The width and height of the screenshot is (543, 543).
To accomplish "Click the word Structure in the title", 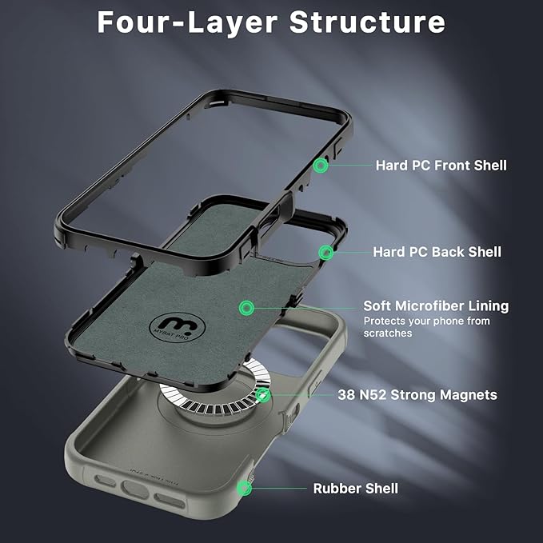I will pyautogui.click(x=367, y=22).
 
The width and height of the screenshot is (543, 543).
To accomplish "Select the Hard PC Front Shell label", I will pyautogui.click(x=441, y=166).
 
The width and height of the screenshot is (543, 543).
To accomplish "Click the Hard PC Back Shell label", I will pyautogui.click(x=437, y=252).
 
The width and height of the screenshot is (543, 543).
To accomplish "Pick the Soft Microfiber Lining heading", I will pyautogui.click(x=436, y=306).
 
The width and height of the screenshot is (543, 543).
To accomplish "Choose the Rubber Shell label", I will pyautogui.click(x=355, y=488).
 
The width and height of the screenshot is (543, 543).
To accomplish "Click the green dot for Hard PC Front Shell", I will pyautogui.click(x=321, y=166).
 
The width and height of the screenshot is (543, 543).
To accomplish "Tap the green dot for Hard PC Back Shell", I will pyautogui.click(x=325, y=253).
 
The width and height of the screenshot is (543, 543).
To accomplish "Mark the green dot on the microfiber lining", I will pyautogui.click(x=246, y=307).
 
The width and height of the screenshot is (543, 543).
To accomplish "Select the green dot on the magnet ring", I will pyautogui.click(x=263, y=395).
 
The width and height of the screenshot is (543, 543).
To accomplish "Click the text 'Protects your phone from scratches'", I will pyautogui.click(x=426, y=326).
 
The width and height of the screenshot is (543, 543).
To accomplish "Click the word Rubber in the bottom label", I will pyautogui.click(x=334, y=488).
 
